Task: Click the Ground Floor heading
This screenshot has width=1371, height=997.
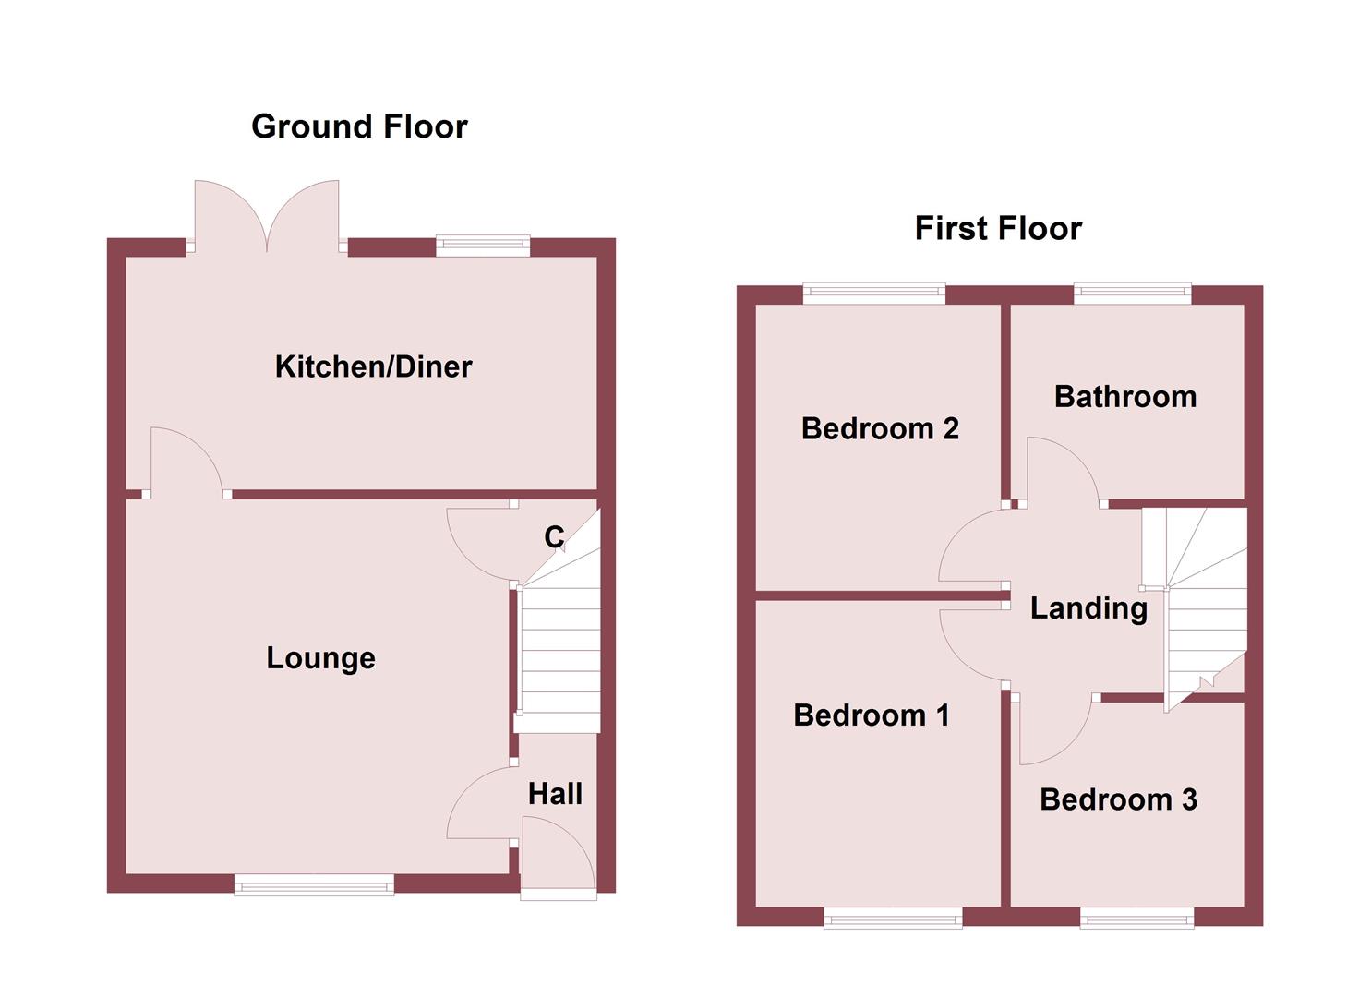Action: tap(359, 126)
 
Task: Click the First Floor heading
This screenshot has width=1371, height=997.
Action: tap(998, 228)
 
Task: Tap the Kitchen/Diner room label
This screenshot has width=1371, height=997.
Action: tap(373, 366)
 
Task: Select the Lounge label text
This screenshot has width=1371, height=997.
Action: tap(320, 658)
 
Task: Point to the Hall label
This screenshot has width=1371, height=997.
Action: tap(555, 794)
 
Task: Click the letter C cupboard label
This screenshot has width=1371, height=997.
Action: tap(554, 536)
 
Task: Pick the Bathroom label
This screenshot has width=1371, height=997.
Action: tap(1125, 397)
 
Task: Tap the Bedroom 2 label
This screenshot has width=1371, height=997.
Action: tap(880, 428)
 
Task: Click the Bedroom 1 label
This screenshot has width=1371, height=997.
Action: tap(871, 715)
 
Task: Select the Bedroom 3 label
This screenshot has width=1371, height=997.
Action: tap(1118, 799)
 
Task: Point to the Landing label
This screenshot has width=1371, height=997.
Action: tap(1088, 608)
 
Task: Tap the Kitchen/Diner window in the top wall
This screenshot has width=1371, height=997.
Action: tap(483, 246)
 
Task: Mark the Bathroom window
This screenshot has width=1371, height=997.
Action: tap(1132, 294)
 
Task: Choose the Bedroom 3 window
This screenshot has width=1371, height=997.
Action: tap(1136, 917)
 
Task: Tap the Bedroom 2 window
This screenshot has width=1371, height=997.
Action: tap(874, 294)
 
